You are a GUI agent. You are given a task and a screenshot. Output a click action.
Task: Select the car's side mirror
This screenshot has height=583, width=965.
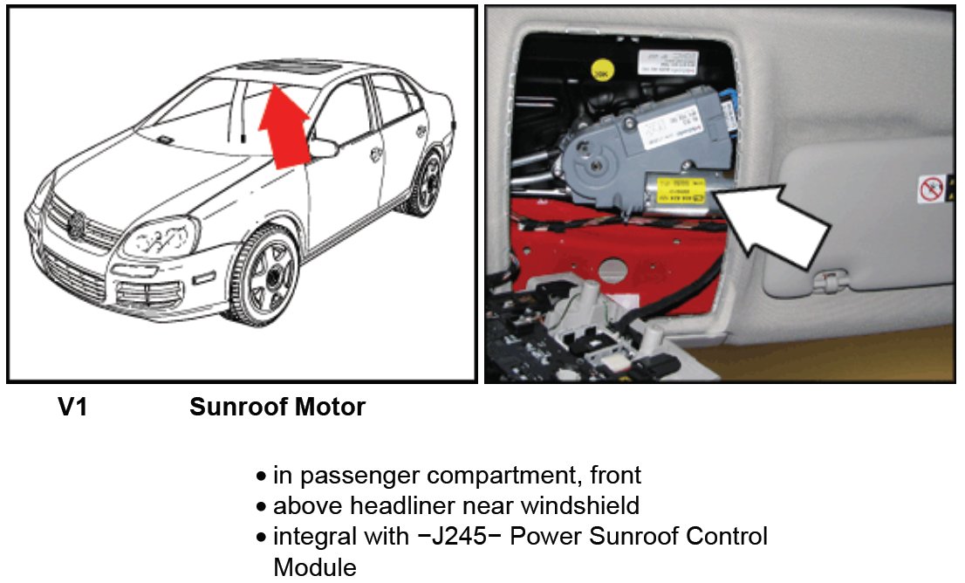pyautogui.click(x=323, y=147)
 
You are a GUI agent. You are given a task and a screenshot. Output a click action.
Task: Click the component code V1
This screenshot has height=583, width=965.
pyautogui.click(x=72, y=408)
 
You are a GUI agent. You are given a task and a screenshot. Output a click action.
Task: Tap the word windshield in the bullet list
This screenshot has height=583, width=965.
pyautogui.click(x=578, y=505)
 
